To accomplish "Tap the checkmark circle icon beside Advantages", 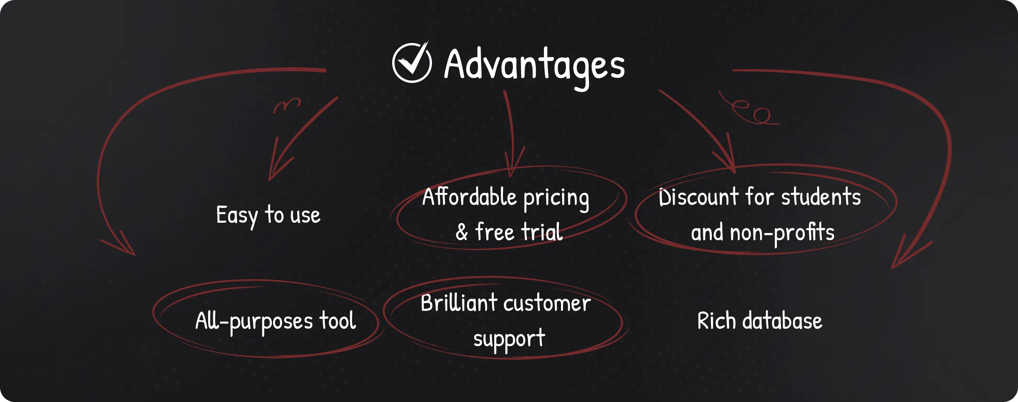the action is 412,62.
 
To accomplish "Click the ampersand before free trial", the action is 462,232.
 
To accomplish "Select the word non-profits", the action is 782,233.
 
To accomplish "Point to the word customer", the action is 547,304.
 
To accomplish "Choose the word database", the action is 782,320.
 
